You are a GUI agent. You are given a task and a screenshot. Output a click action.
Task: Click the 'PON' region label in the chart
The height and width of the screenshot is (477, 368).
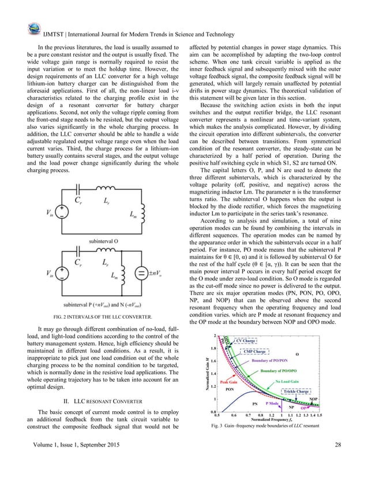(x=229, y=390)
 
